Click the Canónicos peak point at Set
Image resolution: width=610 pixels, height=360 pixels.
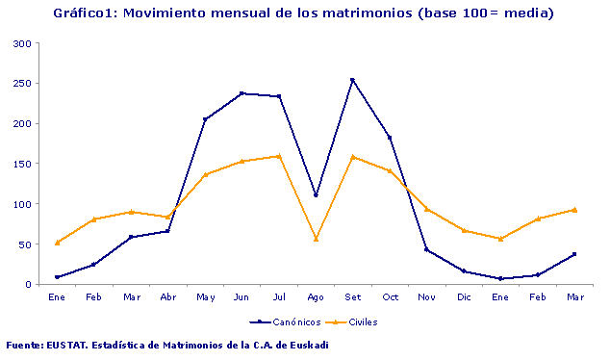352,80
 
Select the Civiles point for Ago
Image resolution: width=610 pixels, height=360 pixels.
316,239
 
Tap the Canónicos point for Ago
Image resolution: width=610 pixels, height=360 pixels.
316,195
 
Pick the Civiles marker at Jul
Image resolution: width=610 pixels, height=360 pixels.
279,156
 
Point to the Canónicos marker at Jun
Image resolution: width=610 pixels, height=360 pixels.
241,93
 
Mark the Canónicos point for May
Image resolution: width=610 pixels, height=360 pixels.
205,119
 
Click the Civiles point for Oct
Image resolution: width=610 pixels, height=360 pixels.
390,170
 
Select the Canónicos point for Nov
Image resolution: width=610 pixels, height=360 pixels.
426,249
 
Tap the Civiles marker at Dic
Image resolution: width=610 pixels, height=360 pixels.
463,230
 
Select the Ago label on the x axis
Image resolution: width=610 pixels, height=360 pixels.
316,296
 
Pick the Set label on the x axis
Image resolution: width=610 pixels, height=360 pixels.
352,296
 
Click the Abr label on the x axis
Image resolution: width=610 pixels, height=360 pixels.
168,296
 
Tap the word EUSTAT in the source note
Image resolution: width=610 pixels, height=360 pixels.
67,345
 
